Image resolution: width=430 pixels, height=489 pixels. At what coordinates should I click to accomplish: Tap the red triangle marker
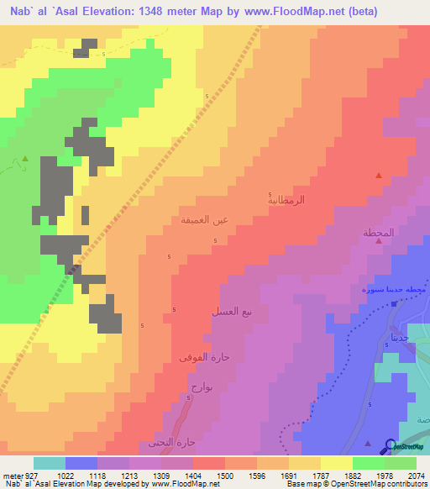coord(379,176)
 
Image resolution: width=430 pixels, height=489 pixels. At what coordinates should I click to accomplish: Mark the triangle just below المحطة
coord(379,242)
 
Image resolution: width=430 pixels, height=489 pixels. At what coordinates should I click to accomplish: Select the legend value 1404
coord(192,475)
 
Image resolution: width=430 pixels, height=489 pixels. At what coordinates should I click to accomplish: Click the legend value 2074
coord(416,475)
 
